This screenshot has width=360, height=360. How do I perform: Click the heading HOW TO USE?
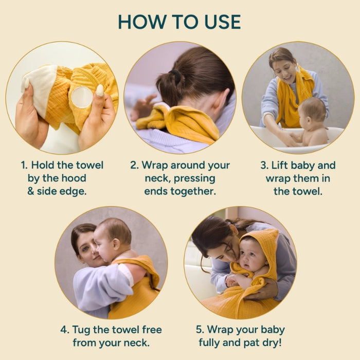[x=179, y=22]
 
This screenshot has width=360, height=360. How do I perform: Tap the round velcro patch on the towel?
[x=81, y=96]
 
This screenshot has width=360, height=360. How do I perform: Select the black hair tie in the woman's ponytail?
[x=176, y=77]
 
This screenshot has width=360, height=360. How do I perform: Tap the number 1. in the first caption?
[x=24, y=166]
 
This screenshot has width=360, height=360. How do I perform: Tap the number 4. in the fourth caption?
[x=64, y=330]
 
